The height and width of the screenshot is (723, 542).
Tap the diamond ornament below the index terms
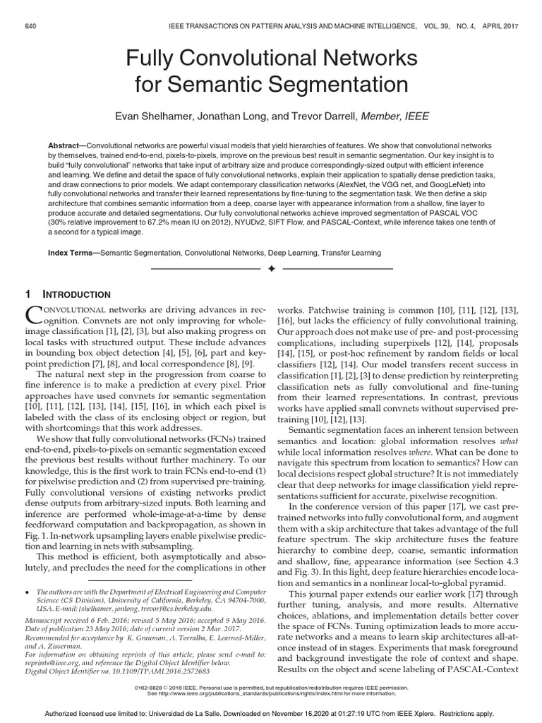[x=271, y=269]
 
